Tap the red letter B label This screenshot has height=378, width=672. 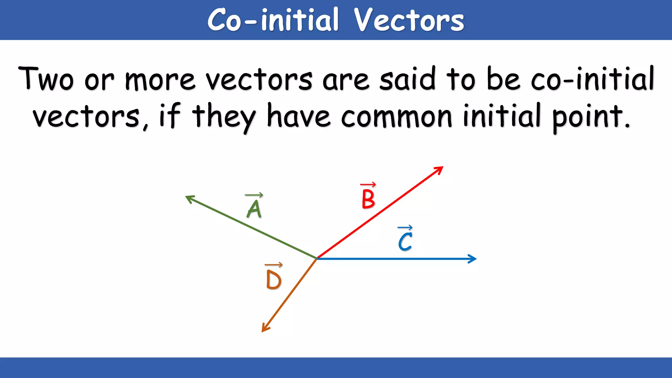(x=368, y=199)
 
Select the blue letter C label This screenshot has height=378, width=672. (x=405, y=242)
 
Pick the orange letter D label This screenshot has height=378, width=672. (x=273, y=280)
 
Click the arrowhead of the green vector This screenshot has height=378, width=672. (x=188, y=198)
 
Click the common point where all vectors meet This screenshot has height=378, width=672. (x=317, y=259)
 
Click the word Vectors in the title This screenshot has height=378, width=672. (x=409, y=20)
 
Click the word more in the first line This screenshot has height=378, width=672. (x=160, y=80)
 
